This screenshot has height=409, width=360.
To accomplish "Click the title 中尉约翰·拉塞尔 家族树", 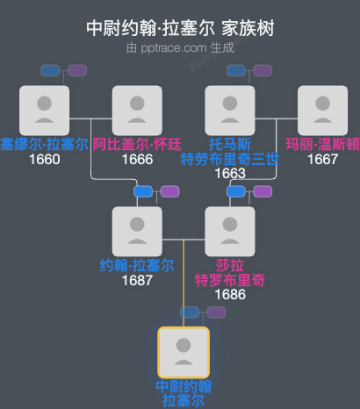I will [180, 28].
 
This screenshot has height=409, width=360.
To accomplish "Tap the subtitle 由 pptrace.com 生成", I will [180, 47].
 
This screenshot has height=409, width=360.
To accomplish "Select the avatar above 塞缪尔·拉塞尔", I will [45, 110].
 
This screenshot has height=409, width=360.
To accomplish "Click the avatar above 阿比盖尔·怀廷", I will [137, 110].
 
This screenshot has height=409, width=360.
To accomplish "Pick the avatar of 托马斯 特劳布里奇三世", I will [229, 110].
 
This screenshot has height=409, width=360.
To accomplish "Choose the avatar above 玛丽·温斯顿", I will [322, 110].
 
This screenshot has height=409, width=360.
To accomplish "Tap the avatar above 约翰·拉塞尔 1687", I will [137, 231].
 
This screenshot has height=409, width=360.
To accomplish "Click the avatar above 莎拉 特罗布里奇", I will [229, 231].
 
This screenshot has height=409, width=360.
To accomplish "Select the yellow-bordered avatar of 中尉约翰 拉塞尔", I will [183, 352].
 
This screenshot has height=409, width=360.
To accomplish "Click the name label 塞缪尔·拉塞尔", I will [44, 144].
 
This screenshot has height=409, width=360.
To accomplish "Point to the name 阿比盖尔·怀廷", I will [137, 144].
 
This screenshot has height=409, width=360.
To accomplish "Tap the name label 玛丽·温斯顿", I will [322, 144].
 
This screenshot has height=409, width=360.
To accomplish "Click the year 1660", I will [45, 160].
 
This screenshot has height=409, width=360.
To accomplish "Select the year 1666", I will [137, 160].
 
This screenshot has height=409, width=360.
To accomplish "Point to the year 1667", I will [322, 160].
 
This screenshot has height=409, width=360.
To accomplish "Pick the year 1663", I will [229, 174].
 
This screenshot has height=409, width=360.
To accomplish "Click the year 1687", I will [137, 281].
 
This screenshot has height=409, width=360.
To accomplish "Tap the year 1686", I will [229, 295].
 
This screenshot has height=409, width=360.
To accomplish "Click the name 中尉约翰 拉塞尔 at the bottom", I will [183, 393].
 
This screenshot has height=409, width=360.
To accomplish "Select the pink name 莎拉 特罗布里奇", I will [229, 272].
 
